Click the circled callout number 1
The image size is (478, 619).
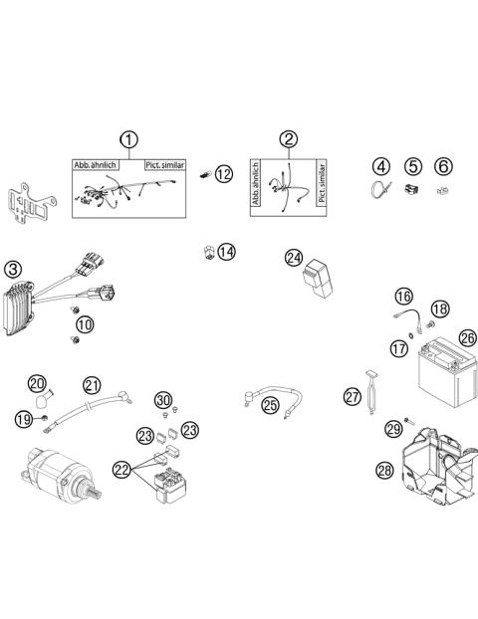(x=127, y=139)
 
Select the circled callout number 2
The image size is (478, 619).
(x=288, y=139)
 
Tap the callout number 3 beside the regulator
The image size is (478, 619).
(x=12, y=269)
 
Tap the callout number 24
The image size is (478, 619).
(x=294, y=258)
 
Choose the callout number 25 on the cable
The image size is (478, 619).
(x=271, y=404)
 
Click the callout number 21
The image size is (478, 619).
(x=92, y=385)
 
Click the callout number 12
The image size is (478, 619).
(x=223, y=174)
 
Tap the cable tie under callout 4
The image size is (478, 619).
(x=380, y=191)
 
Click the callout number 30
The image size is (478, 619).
(x=163, y=400)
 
